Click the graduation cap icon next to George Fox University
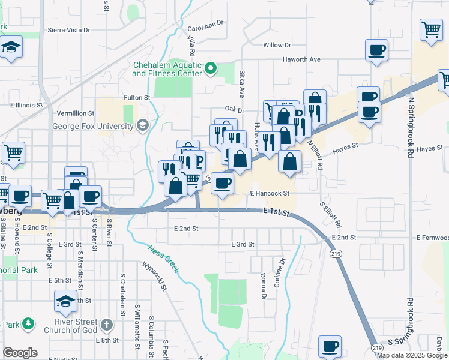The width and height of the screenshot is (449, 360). click(142, 125)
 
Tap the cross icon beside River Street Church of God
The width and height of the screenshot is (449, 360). click(106, 325)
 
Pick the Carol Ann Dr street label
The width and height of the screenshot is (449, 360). click(205, 25)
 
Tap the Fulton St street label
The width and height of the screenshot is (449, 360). click(137, 97)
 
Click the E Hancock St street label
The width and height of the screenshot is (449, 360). click(270, 194)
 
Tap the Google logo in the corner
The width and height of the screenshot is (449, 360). click(20, 353)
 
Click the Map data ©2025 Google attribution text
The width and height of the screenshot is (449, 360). click(412, 355)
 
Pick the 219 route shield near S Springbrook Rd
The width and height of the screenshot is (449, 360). click(378, 348)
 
